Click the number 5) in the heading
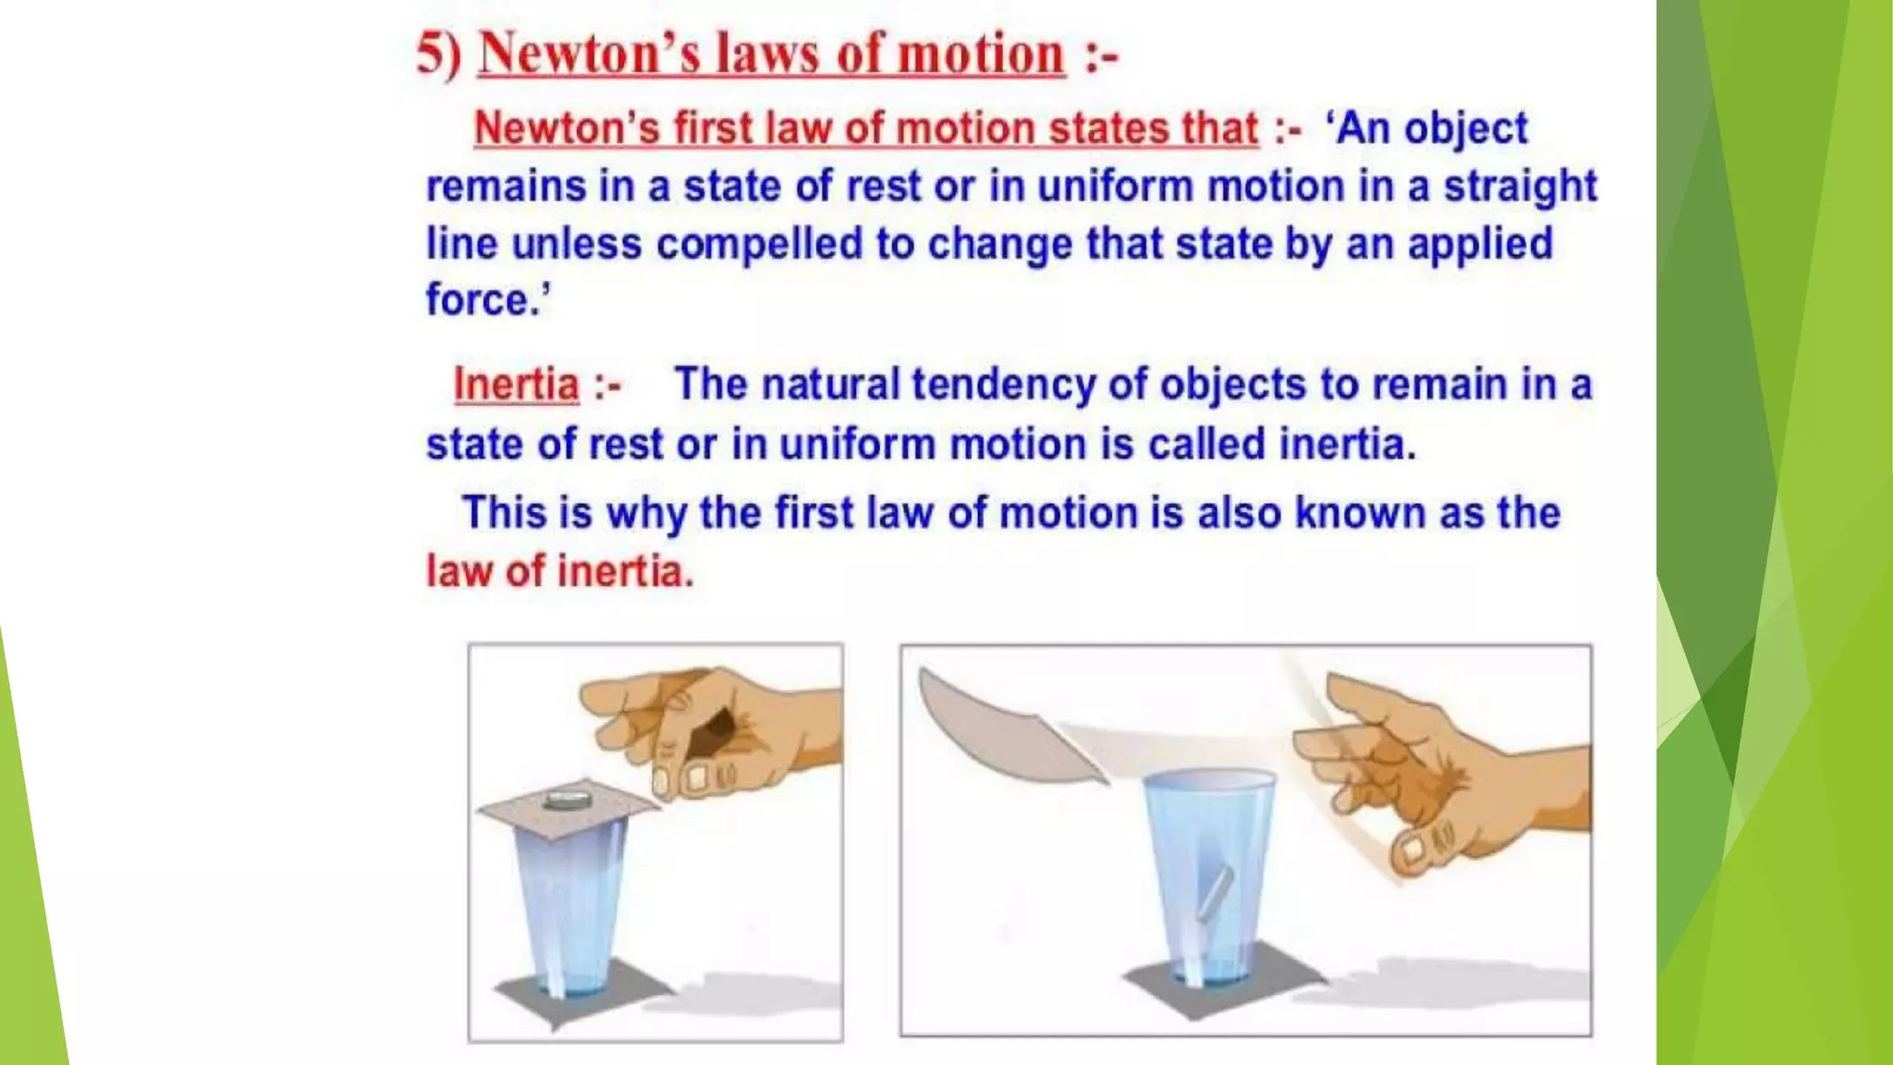tap(438, 54)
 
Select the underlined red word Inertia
tap(516, 385)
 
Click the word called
tap(1206, 444)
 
